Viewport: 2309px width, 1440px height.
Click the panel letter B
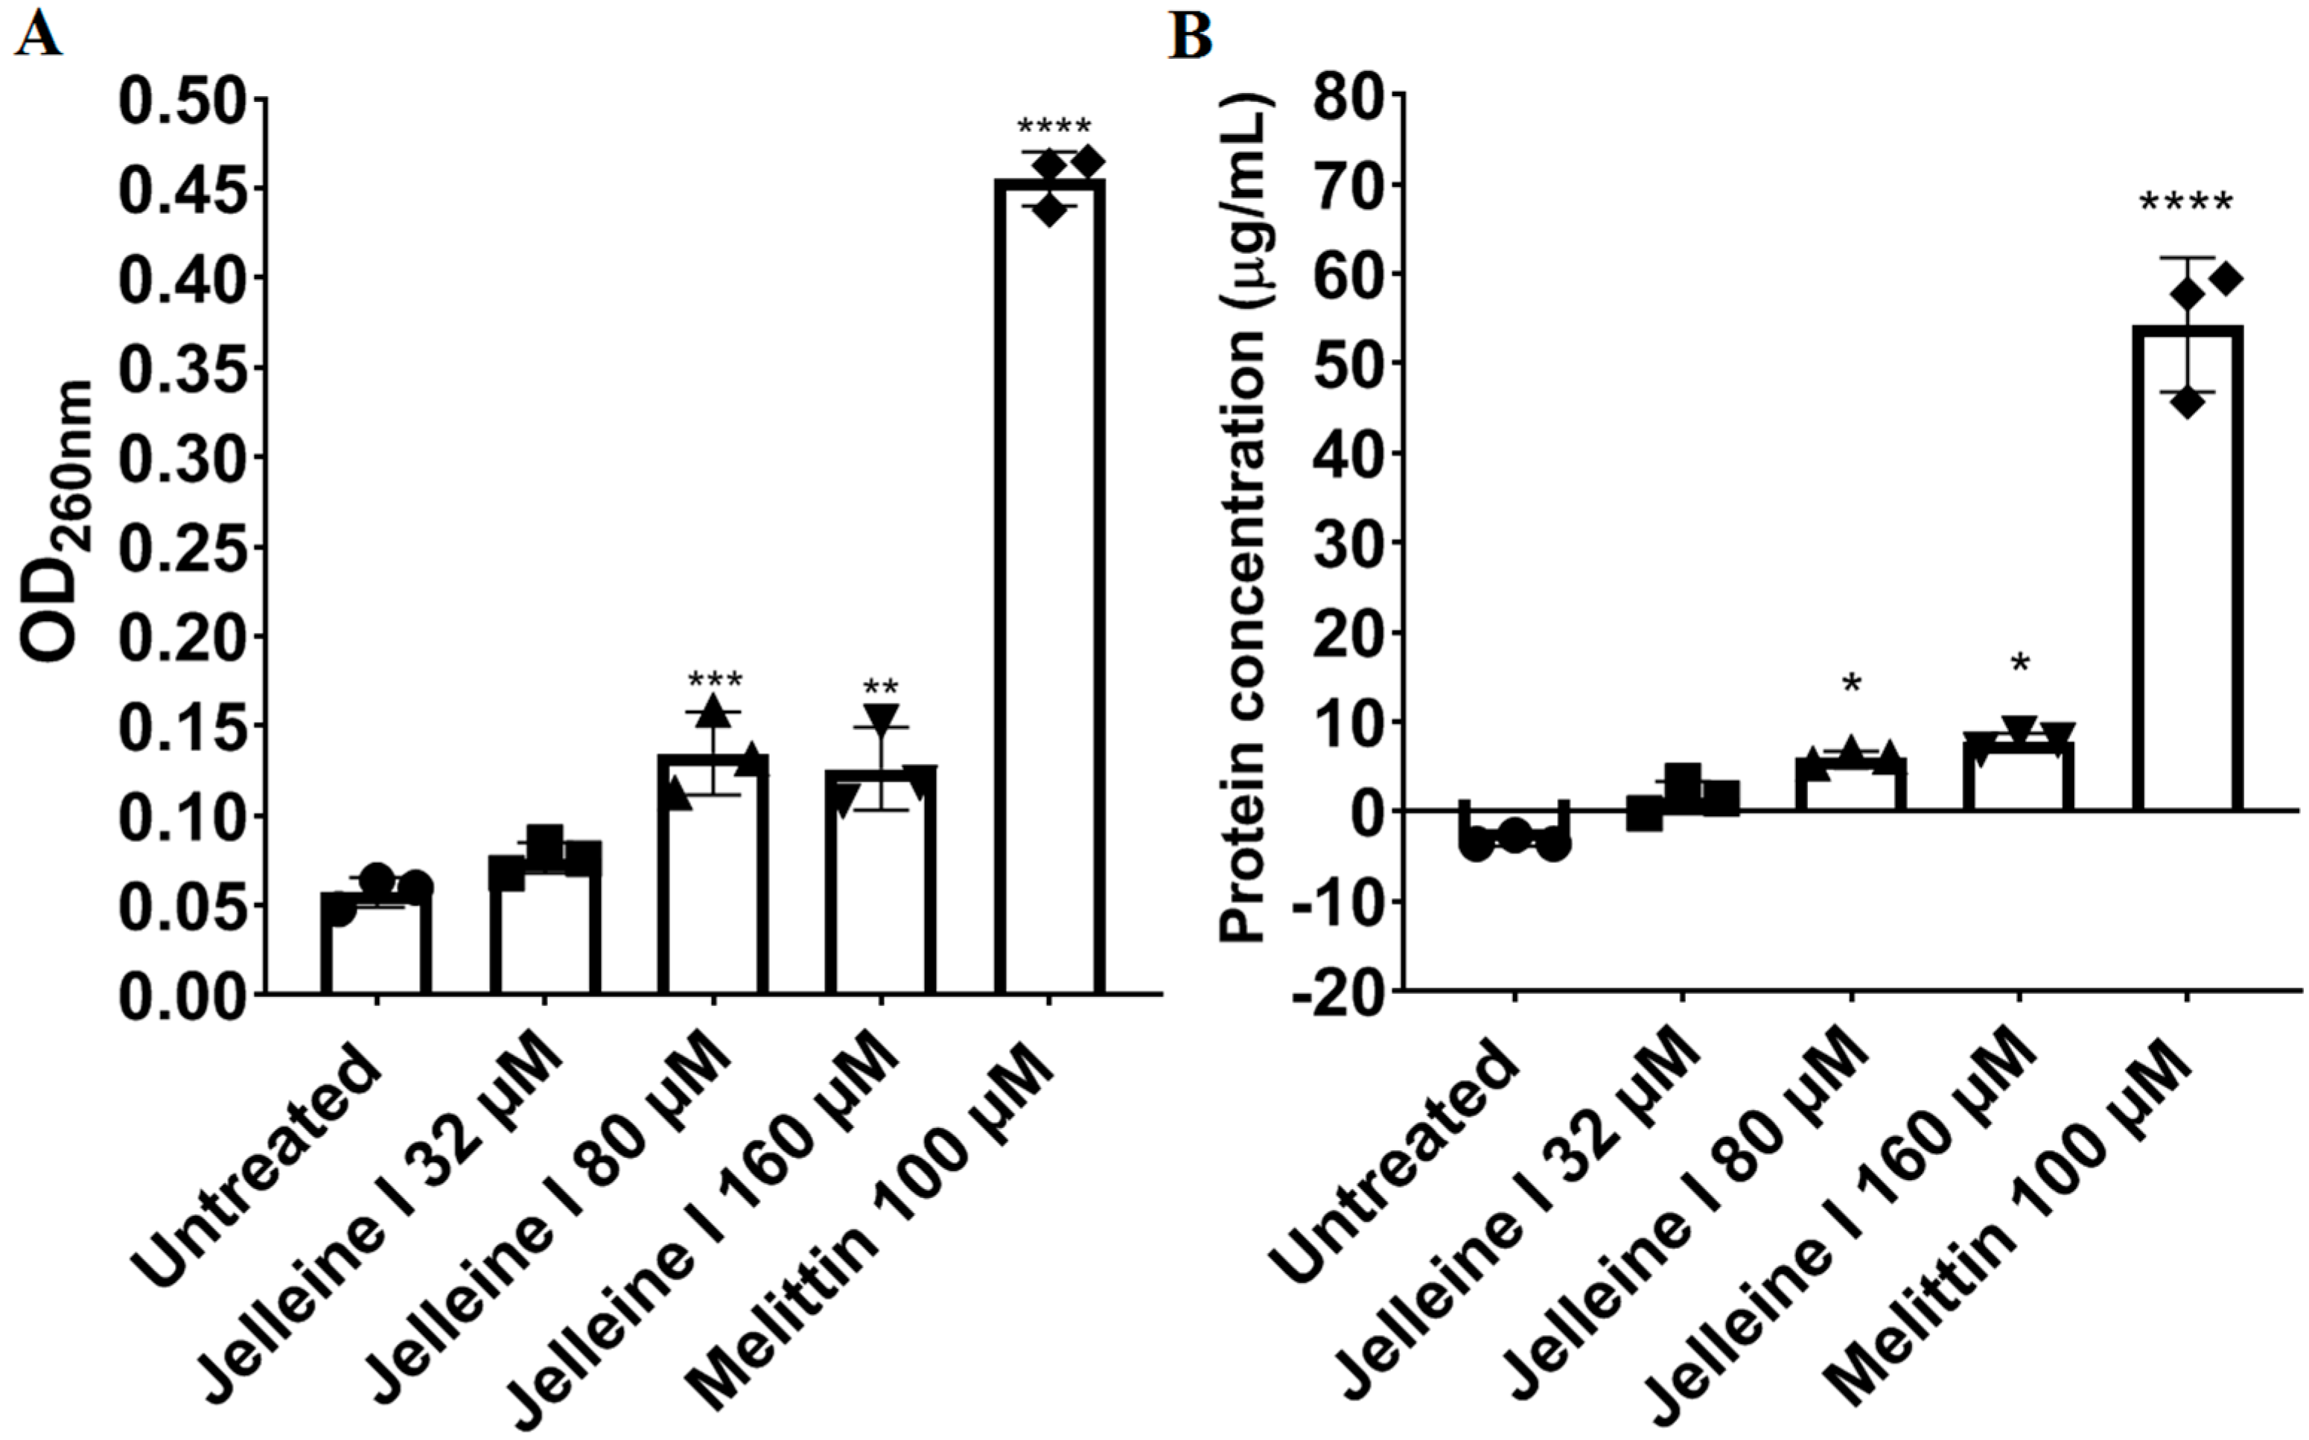pos(1190,38)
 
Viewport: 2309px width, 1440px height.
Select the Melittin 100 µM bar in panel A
pos(1048,590)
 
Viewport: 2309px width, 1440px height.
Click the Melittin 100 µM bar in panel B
pos(2187,571)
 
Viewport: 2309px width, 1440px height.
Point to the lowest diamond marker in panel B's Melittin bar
pos(2188,402)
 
